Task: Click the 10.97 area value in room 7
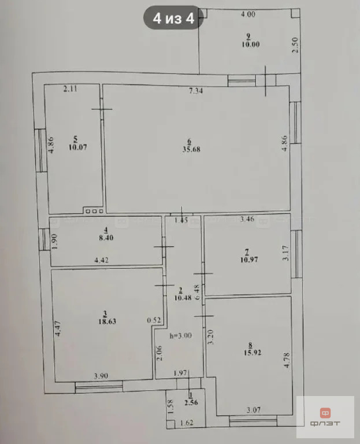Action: pyautogui.click(x=247, y=260)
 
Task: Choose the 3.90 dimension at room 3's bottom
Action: pyautogui.click(x=101, y=376)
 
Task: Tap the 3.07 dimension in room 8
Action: pyautogui.click(x=251, y=411)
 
